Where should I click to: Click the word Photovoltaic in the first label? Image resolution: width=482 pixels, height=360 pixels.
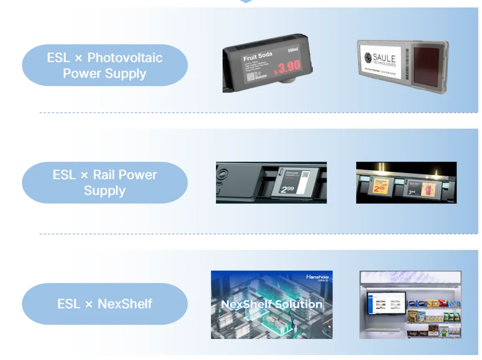click(x=125, y=58)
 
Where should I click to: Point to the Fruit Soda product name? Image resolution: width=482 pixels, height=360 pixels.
click(x=258, y=57)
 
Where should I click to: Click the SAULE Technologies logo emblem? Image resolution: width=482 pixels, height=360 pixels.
click(x=368, y=58)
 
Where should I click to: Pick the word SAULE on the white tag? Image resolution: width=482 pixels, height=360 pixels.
click(x=384, y=57)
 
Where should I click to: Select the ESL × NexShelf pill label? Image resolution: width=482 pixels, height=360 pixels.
click(x=104, y=304)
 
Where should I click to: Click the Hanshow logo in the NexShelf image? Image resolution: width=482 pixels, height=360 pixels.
click(x=317, y=277)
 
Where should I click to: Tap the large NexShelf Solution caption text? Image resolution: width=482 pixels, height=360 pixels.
click(x=271, y=305)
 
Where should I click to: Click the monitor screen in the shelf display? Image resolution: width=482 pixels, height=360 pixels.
click(x=386, y=303)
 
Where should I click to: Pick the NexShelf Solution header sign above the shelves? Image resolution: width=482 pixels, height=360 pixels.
click(x=410, y=277)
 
